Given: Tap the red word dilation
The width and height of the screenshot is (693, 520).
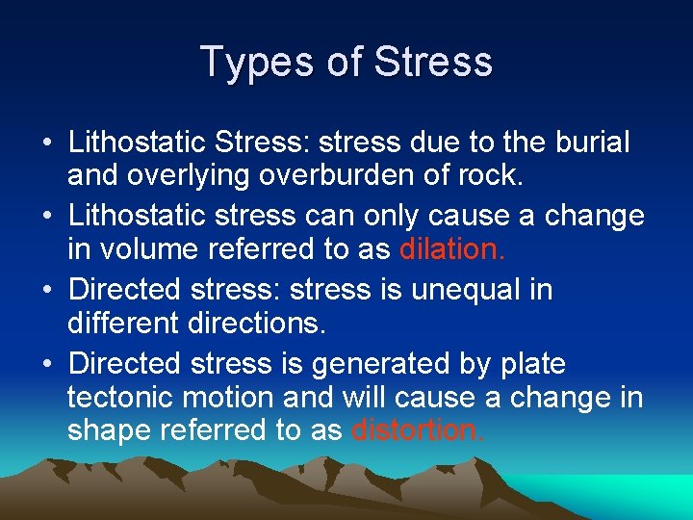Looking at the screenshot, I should coord(451,249).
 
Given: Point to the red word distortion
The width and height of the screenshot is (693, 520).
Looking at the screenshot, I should coord(419,429).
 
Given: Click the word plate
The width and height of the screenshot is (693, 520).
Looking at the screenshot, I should coord(532,363).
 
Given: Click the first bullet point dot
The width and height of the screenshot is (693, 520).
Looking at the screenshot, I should coord(46,143).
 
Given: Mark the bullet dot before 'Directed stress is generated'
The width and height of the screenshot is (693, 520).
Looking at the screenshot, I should coord(46,364).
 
